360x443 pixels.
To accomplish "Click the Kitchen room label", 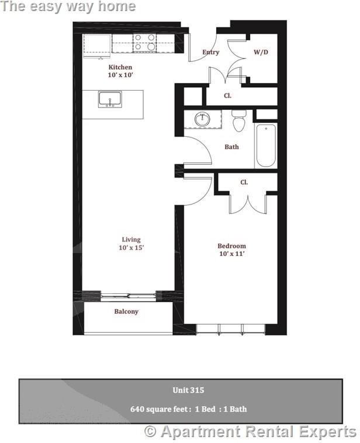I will [x=120, y=67].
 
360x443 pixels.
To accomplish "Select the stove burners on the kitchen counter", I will [x=144, y=43].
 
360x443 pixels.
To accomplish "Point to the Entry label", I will [x=210, y=52].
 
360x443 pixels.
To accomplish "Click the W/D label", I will [x=261, y=52].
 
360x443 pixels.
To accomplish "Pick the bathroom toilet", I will [x=238, y=122].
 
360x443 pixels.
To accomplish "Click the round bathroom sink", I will [x=202, y=119].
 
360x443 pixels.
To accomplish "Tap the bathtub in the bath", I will [x=265, y=146].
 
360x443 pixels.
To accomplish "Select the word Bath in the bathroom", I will [x=231, y=147].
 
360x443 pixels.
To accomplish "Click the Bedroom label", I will [x=231, y=246].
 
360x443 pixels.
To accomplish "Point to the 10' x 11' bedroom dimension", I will [x=231, y=254].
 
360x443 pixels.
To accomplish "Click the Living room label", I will [x=131, y=240].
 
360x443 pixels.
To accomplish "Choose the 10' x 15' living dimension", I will [x=131, y=248].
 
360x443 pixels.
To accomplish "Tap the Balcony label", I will [x=126, y=312].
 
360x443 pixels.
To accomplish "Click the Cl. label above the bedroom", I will [x=244, y=182].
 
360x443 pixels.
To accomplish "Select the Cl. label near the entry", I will [x=227, y=95].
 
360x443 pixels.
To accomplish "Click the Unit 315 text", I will [x=188, y=390].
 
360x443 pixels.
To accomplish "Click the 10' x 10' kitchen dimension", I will [x=120, y=75].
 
